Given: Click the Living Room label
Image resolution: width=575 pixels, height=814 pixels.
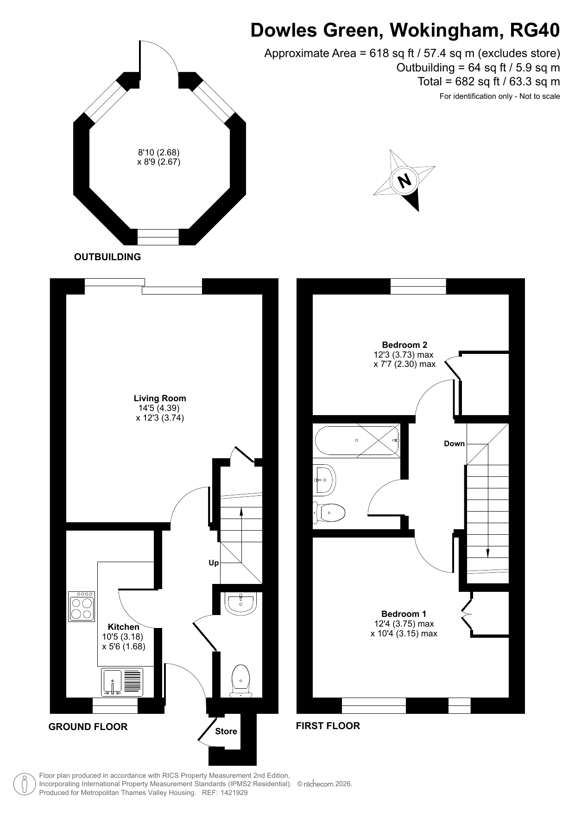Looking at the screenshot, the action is tap(160, 398).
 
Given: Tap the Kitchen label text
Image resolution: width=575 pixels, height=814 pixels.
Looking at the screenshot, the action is tap(124, 627).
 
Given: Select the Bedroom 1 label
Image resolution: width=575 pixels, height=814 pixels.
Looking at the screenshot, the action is tap(404, 614).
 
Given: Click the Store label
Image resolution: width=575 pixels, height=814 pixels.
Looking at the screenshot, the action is tap(226, 731).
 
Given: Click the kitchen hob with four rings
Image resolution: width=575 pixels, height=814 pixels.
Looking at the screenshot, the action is tap(82, 606).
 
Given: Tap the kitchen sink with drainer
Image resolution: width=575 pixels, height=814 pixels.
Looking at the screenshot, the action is tap(122, 681).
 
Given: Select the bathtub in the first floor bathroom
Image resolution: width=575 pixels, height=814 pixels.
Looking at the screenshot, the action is tap(357, 440).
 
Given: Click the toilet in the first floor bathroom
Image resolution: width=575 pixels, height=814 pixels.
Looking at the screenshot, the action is tap(329, 513).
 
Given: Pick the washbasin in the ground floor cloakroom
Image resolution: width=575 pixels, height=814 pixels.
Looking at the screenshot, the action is tap(240, 603).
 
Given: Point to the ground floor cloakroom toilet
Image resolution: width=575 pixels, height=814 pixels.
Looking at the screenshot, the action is tap(241, 681).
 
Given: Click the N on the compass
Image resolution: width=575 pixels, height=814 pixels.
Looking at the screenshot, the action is tap(405, 180).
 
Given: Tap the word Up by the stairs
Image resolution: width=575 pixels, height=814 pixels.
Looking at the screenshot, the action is tap(214, 563).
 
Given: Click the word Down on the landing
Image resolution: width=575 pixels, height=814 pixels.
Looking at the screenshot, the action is tap(454, 443).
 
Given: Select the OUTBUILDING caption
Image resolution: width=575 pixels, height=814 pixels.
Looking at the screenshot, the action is tap(107, 257).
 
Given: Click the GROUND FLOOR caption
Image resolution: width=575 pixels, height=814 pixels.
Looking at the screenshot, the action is tap(88, 727).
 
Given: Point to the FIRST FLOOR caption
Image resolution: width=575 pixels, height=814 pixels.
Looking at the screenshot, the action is tap(328, 726).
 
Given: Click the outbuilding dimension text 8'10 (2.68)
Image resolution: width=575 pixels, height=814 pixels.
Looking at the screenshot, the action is tap(158, 152).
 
